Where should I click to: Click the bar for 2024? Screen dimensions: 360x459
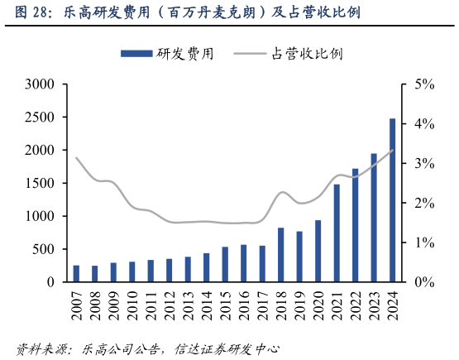pyautogui.click(x=392, y=200)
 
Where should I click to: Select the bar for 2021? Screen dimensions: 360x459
pyautogui.click(x=337, y=233)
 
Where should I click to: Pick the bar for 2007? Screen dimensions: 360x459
pyautogui.click(x=76, y=274)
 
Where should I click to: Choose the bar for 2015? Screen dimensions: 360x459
pyautogui.click(x=225, y=264)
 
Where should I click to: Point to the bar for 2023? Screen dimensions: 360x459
pyautogui.click(x=374, y=218)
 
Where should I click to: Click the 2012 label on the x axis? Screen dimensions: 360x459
pyautogui.click(x=170, y=307)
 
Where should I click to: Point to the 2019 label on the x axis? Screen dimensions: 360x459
pyautogui.click(x=299, y=307)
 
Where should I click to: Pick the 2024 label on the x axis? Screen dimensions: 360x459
pyautogui.click(x=392, y=307)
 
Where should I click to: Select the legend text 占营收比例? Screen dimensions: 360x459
pyautogui.click(x=307, y=54)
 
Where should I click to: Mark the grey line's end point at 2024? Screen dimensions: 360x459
pyautogui.click(x=392, y=151)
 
